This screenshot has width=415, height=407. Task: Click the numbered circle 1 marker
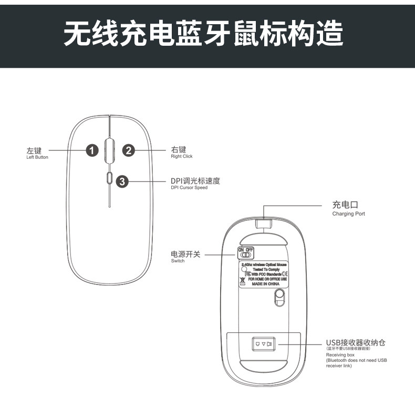tap(92, 150)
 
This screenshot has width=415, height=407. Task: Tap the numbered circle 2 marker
tap(129, 150)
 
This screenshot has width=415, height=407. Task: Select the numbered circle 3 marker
tap(122, 182)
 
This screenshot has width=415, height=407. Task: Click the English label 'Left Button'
tap(37, 157)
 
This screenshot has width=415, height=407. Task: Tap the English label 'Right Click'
tap(182, 157)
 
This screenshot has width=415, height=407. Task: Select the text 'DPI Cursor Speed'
tap(189, 188)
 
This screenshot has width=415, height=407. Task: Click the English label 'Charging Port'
tap(348, 214)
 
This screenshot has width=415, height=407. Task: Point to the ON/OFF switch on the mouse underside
tap(246, 252)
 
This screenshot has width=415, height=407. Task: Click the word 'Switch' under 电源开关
tap(178, 261)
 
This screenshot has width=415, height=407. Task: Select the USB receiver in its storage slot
tap(263, 344)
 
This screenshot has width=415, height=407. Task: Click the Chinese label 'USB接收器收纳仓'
tap(356, 343)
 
